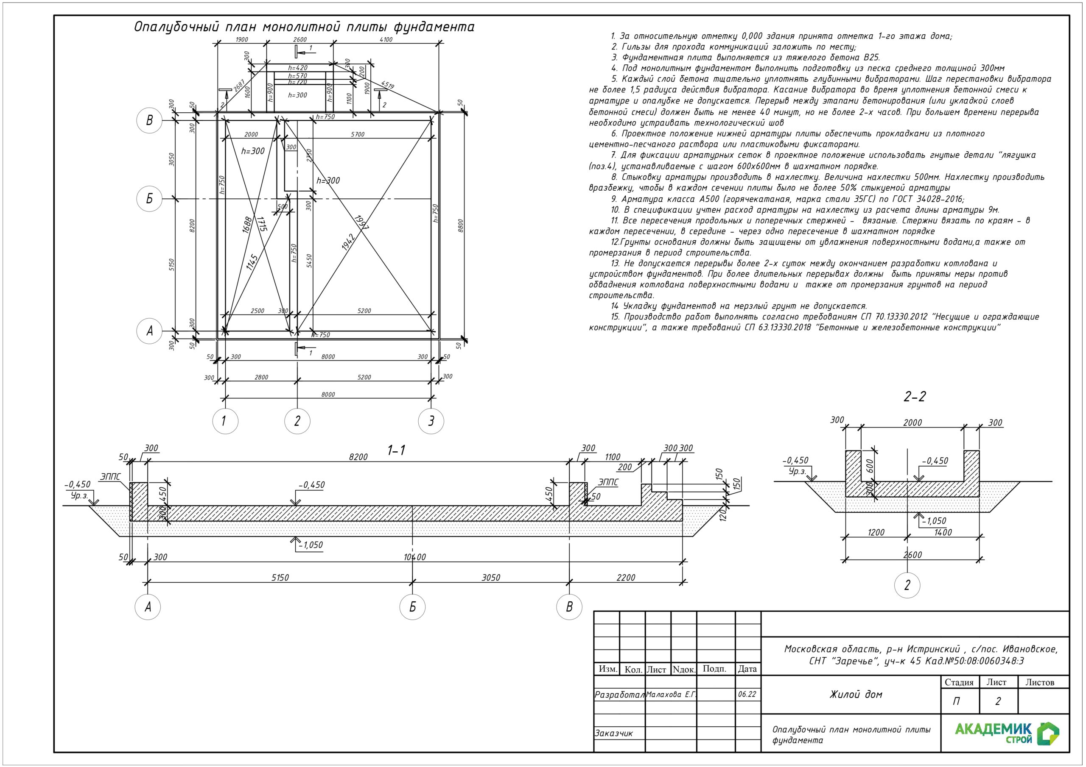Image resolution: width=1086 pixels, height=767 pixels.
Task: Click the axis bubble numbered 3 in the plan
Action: (431, 421)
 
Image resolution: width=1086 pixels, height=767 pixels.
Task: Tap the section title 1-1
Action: (396, 451)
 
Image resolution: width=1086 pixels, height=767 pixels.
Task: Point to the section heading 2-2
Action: (914, 397)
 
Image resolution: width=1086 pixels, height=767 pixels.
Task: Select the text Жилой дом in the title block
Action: (856, 694)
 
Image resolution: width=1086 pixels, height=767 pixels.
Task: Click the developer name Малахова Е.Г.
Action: (671, 695)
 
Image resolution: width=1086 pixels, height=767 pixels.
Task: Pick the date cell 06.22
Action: (747, 694)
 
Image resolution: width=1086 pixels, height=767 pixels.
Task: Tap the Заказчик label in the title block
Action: (613, 734)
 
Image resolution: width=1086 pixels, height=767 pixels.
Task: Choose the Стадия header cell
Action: (959, 682)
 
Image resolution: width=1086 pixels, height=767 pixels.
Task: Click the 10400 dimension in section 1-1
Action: (415, 557)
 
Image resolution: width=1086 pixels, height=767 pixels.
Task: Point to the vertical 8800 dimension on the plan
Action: (461, 225)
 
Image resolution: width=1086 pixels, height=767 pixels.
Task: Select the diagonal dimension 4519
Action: (387, 86)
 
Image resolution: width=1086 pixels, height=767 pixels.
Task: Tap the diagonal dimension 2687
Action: (239, 86)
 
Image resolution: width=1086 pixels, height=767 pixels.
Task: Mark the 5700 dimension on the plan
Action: (358, 134)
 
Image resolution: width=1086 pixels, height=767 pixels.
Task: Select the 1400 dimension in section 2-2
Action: (943, 532)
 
